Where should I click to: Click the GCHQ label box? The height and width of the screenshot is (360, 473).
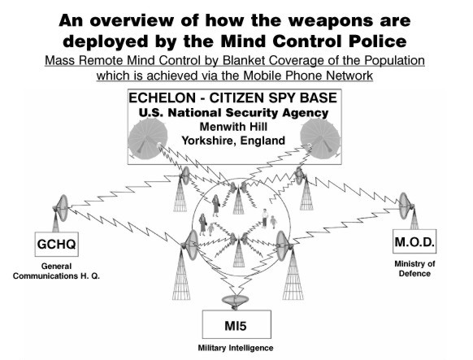[x=57, y=244]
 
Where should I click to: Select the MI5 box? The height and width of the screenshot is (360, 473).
[x=236, y=324]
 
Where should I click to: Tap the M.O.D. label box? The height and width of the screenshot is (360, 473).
[x=414, y=241]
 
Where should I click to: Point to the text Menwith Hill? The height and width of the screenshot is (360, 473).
[x=233, y=127]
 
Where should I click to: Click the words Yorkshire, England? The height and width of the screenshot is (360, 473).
[x=233, y=141]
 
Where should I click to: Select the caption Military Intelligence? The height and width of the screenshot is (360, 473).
[x=236, y=348]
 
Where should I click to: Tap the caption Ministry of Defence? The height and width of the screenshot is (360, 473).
[x=414, y=269]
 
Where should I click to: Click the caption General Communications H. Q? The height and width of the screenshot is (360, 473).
[x=56, y=271]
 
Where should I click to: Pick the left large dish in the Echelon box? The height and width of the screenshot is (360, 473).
[x=148, y=139]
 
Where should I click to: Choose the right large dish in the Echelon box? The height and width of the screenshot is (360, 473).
[x=320, y=138]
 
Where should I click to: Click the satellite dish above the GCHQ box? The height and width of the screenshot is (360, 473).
[x=61, y=208]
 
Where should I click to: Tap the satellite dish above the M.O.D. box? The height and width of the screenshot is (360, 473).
[x=406, y=206]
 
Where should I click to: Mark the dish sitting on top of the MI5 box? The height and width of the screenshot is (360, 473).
[x=236, y=301]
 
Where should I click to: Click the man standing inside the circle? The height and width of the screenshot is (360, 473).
[x=265, y=219]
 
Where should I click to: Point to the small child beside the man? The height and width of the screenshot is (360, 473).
[x=273, y=222]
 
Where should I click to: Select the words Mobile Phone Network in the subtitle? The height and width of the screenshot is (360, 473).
[x=308, y=76]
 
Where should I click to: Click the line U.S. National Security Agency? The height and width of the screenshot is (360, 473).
[x=233, y=113]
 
